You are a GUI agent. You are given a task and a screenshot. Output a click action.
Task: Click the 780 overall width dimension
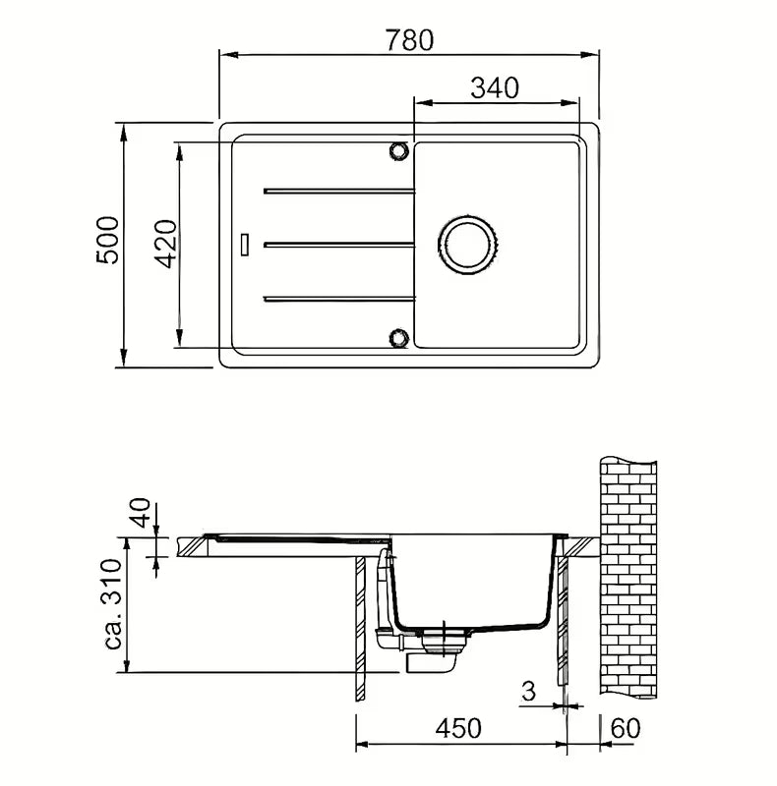pos(409,40)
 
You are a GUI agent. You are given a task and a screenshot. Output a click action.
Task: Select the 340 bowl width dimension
pos(495,88)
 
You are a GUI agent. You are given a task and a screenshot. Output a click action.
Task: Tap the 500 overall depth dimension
pos(108,240)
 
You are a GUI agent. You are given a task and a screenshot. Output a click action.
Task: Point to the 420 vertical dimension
pos(165,244)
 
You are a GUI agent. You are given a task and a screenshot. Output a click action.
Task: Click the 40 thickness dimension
pos(141,512)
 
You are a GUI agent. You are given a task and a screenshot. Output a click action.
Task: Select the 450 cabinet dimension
pos(458,728)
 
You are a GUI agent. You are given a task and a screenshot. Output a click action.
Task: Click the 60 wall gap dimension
pos(626,728)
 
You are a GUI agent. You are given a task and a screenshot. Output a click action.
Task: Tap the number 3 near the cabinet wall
pos(528,692)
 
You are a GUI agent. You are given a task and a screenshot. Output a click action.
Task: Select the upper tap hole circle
pos(399,150)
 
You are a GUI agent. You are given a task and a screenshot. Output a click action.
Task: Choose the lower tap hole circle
pos(399,338)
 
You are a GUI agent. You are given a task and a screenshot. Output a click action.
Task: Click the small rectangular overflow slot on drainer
pos(245,245)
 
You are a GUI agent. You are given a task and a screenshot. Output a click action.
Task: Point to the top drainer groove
pos(339,191)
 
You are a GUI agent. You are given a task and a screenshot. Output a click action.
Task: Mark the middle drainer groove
pos(339,245)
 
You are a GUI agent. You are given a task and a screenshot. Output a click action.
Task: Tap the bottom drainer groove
pos(339,300)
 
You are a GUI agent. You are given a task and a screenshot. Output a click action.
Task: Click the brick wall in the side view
pos(628,577)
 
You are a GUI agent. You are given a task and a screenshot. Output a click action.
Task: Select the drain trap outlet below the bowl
pos(432,663)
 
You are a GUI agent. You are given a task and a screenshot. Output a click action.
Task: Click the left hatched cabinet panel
pos(360,629)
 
